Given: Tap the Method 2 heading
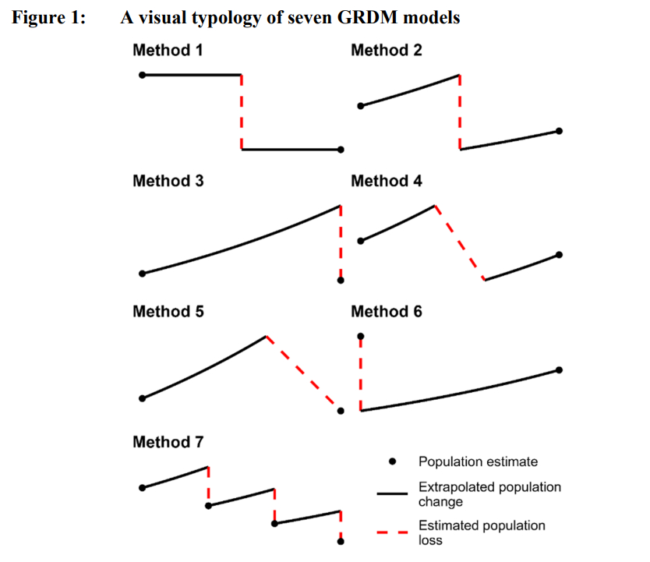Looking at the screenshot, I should [387, 51].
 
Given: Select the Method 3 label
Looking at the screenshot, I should [168, 182].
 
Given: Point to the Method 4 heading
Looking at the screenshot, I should [387, 182].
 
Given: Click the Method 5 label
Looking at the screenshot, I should [168, 312].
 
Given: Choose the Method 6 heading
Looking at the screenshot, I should [387, 312].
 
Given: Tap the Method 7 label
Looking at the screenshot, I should [168, 442].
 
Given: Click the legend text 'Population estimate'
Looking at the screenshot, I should [478, 462].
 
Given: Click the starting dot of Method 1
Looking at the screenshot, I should [142, 75].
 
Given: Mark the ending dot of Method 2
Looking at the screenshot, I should [560, 131].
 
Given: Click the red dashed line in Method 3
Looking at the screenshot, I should [341, 242].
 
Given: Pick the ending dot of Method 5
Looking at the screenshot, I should [341, 410].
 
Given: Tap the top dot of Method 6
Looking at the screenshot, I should [360, 337].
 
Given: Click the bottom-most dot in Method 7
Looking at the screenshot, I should [341, 541].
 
